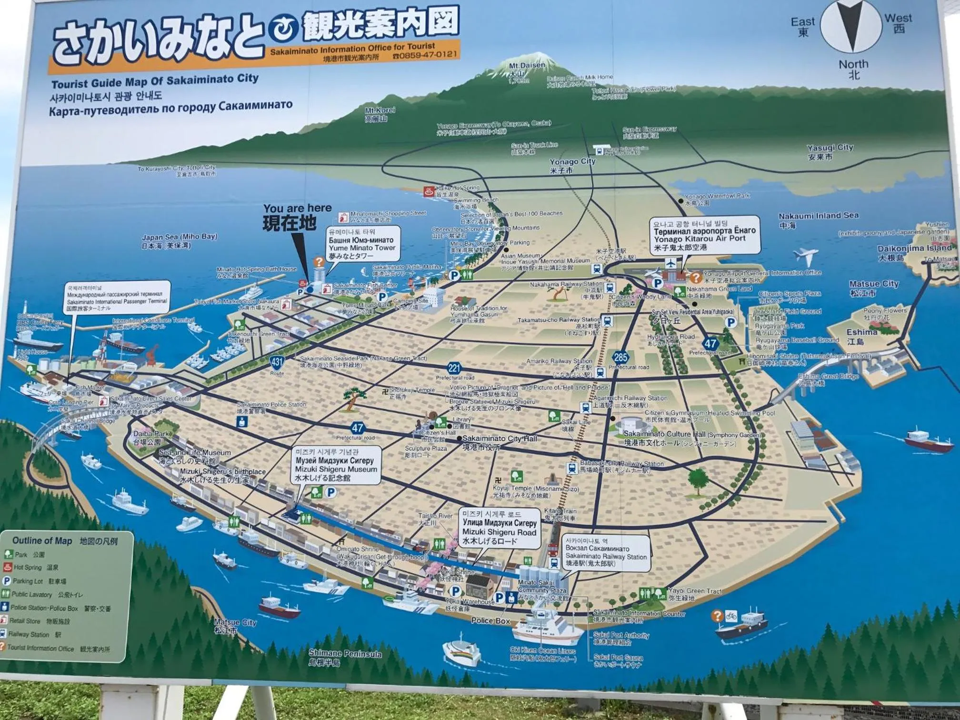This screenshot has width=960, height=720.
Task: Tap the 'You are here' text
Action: click(x=297, y=208)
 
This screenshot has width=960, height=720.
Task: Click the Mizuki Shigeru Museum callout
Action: click(x=336, y=465)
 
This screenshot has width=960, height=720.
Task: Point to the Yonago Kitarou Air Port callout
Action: click(x=704, y=235)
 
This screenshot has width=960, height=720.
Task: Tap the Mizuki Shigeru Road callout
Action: click(x=499, y=528)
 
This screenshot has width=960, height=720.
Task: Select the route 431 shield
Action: click(x=277, y=362)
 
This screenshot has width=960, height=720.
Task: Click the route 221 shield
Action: click(x=454, y=368)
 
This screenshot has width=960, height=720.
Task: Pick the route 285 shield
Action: click(x=620, y=357)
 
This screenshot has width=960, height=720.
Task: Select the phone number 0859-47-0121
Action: click(x=425, y=55)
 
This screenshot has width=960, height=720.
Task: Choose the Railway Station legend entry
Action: click(x=29, y=634)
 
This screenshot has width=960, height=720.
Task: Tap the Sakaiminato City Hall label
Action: click(x=499, y=439)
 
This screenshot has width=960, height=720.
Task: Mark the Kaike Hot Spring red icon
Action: click(x=428, y=191)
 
